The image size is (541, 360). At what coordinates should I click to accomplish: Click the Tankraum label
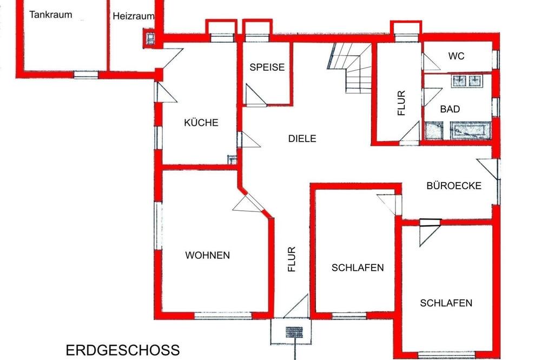pyautogui.click(x=51, y=15)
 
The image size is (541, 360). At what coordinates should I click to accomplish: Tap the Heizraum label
pyautogui.click(x=133, y=16)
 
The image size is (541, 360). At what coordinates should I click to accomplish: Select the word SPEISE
pyautogui.click(x=267, y=67)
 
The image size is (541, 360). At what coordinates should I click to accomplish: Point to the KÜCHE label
pyautogui.click(x=201, y=122)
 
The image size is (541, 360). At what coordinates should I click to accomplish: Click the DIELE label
pyautogui.click(x=302, y=138)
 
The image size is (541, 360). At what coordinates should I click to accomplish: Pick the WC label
pyautogui.click(x=456, y=56)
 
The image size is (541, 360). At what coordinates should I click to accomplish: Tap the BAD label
pyautogui.click(x=450, y=109)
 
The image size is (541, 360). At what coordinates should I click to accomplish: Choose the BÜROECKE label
pyautogui.click(x=454, y=185)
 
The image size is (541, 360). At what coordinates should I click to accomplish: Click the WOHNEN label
pyautogui.click(x=207, y=255)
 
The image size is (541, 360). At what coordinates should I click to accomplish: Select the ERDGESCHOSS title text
pyautogui.click(x=123, y=350)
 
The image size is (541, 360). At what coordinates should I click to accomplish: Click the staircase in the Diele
pyautogui.click(x=349, y=68)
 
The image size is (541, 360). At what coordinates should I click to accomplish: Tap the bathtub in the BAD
pyautogui.click(x=470, y=130)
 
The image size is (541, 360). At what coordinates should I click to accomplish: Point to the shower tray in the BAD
pyautogui.click(x=434, y=130)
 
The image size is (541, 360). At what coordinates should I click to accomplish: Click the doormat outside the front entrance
pyautogui.click(x=294, y=332)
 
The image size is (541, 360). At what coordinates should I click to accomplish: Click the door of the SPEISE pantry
pyautogui.click(x=256, y=94)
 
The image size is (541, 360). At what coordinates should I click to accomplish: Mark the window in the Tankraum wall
pyautogui.click(x=86, y=75)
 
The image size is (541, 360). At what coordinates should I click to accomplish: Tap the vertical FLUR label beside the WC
pyautogui.click(x=401, y=103)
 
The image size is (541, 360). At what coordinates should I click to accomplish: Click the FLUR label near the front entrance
pyautogui.click(x=292, y=259)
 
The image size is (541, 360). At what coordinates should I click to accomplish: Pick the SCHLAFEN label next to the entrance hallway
pyautogui.click(x=358, y=268)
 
